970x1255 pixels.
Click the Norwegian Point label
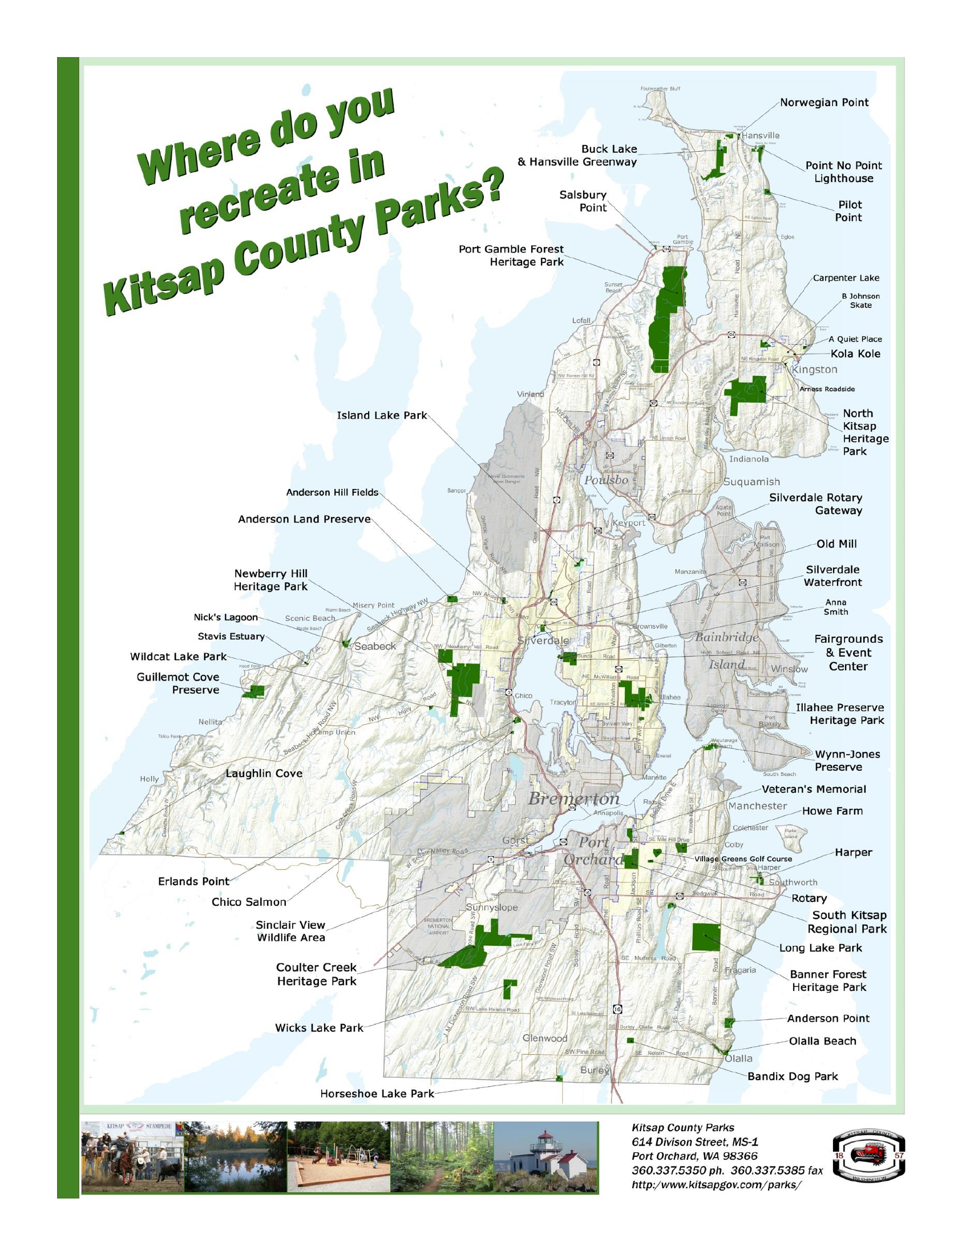[x=823, y=103]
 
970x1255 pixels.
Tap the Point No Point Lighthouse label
[x=843, y=172]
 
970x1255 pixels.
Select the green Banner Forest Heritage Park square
[x=706, y=937]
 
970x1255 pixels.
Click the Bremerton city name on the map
[x=573, y=799]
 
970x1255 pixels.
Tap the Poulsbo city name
[x=605, y=480]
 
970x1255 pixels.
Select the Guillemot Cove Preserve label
[x=177, y=683]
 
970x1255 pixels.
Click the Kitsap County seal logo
[x=868, y=1165]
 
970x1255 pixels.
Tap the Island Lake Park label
[x=382, y=415]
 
